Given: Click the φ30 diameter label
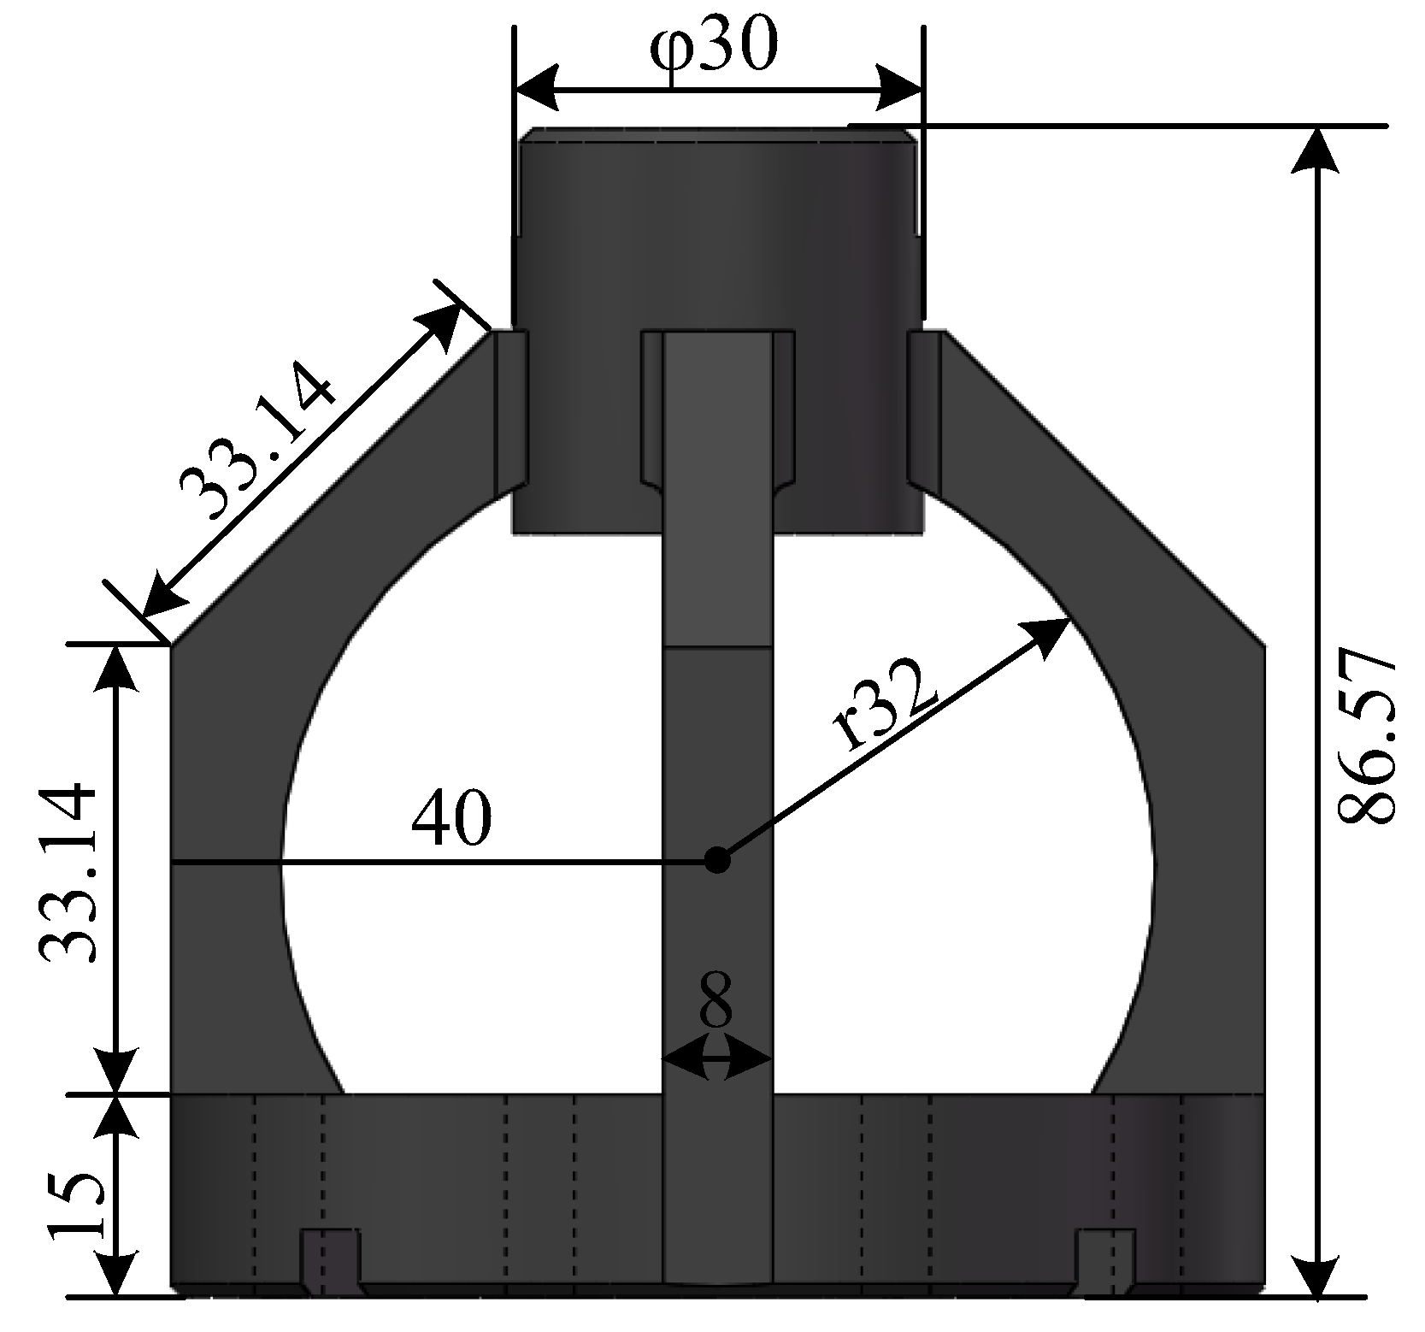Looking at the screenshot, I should (x=715, y=50).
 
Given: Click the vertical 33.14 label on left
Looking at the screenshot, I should (x=68, y=873).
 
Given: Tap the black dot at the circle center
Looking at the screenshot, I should (x=718, y=860).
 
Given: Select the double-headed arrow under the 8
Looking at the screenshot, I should (x=716, y=1062).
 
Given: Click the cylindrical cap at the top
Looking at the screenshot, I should (x=718, y=231).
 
